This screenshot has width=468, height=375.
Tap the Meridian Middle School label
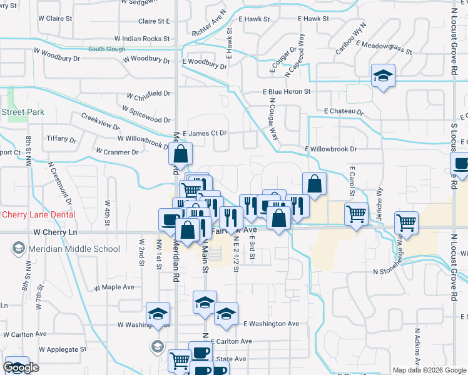pos(66,249)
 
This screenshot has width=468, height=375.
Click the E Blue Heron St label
pos(286,92)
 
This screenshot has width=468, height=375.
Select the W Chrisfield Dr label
pos(148,94)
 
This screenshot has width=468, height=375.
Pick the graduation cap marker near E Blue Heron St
pos(383,76)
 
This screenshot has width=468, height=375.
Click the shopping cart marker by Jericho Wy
pos(406,221)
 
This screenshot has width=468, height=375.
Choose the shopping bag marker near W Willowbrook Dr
pos(180,153)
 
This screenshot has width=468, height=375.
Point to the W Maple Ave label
pos(114,287)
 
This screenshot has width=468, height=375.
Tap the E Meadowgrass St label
pos(384,47)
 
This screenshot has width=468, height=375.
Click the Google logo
pos(21,367)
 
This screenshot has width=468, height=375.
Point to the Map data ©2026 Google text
pos(429,370)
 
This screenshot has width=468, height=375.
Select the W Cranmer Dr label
pos(117,151)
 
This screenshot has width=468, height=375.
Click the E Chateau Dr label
pos(343,111)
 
